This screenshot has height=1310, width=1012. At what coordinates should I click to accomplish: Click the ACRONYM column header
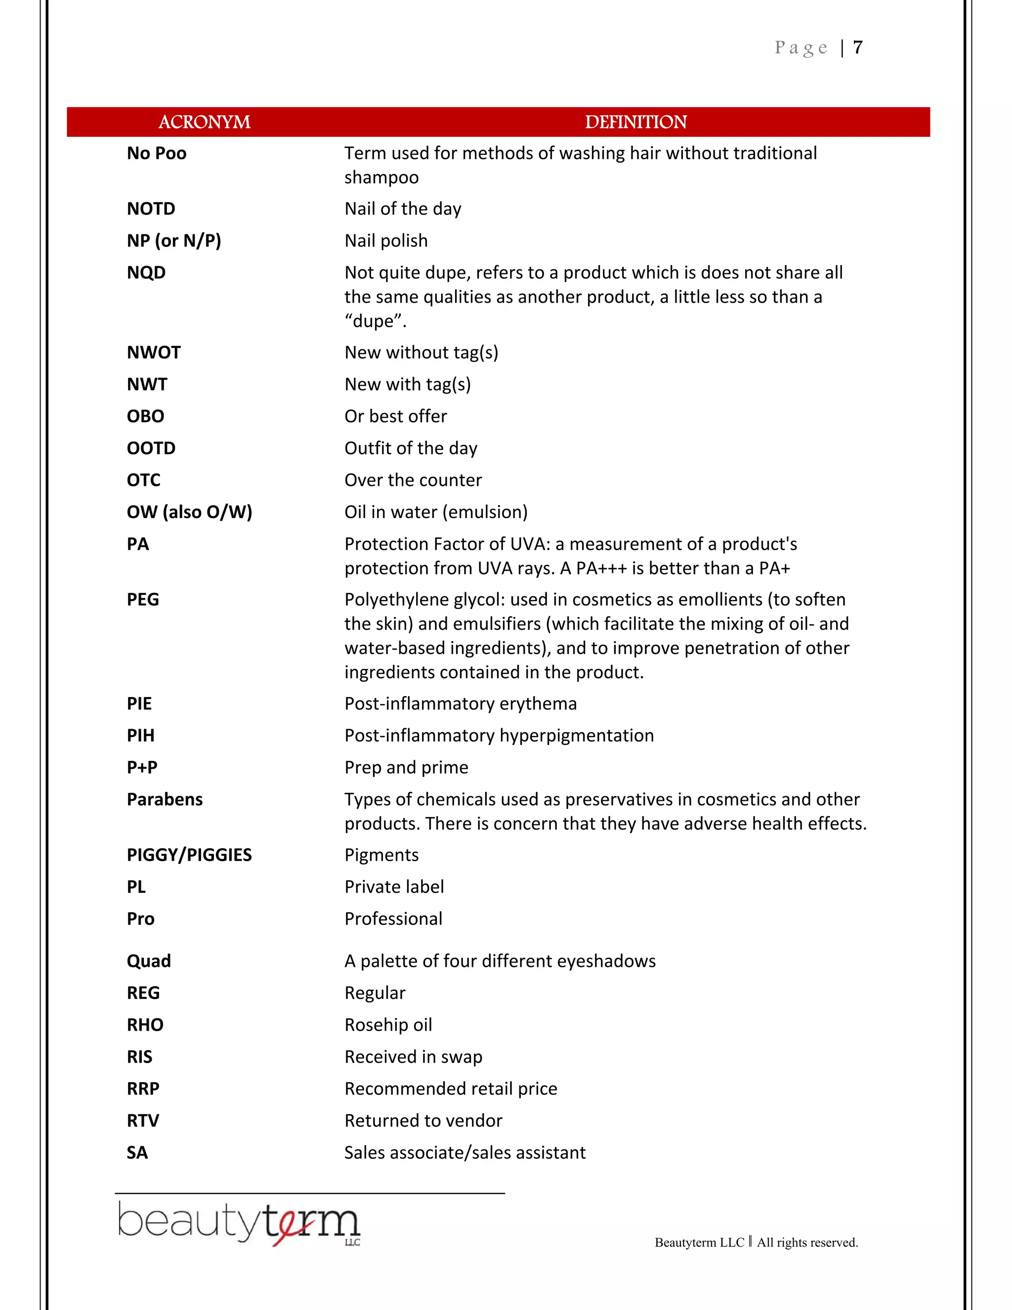tap(204, 123)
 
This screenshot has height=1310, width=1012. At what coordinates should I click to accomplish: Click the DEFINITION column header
tap(635, 123)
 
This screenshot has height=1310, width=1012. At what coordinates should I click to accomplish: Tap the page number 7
tap(858, 47)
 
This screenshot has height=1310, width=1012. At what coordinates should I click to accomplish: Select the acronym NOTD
tap(151, 209)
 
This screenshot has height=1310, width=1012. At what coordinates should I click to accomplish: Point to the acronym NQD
tap(146, 272)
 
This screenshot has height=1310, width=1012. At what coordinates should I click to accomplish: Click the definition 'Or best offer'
tap(396, 416)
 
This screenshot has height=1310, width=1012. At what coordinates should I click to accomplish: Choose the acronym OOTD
tap(151, 448)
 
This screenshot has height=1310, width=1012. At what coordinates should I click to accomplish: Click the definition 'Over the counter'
tap(413, 480)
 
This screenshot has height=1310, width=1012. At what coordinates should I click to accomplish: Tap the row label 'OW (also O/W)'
tap(189, 512)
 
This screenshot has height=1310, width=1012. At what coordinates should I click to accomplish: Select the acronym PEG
tap(143, 600)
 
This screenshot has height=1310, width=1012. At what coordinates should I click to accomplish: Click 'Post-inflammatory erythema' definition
tap(461, 703)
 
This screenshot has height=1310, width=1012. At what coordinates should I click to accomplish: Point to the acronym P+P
tap(142, 767)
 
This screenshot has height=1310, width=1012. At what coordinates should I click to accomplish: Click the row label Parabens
tap(165, 799)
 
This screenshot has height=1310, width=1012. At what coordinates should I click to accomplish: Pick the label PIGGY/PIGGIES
tap(189, 855)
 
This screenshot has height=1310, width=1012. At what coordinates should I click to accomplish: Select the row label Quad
tap(149, 961)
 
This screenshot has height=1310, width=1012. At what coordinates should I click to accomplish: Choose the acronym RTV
tap(143, 1121)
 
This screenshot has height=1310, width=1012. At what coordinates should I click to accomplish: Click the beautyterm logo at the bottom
tap(239, 1223)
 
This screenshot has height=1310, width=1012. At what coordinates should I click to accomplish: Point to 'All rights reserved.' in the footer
tap(807, 1242)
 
